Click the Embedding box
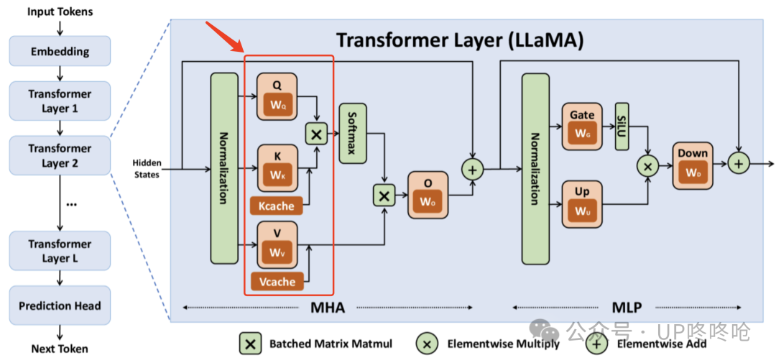60,52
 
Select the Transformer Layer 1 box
60,101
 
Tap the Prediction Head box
60,305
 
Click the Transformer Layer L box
60,251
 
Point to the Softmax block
352,133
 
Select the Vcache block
277,282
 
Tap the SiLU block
622,127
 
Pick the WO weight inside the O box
428,202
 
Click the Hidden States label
146,168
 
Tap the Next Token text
60,349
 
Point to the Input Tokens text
60,11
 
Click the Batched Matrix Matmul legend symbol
251,343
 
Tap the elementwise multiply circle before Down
648,166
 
